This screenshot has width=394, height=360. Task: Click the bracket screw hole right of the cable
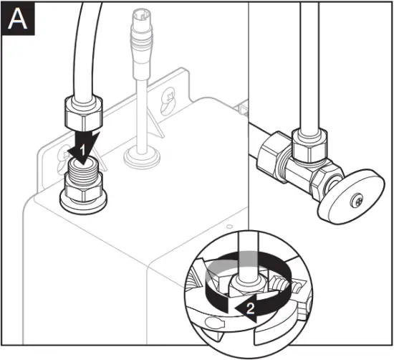pyautogui.click(x=168, y=94)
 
